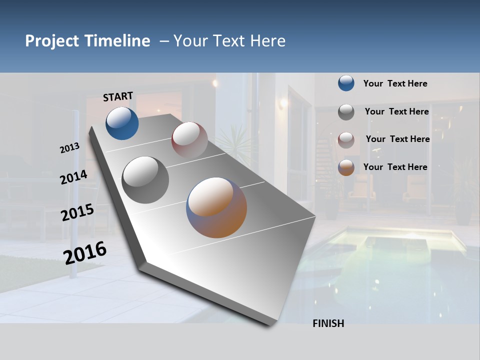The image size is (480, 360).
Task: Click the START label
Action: (118, 96)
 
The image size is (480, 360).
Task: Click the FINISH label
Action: (328, 323)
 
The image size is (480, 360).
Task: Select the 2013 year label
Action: (70, 148)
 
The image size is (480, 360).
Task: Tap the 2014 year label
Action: (73, 177)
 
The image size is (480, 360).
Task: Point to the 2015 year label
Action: (77, 212)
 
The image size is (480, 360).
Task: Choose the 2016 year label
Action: (85, 252)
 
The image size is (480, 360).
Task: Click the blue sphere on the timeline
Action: (122, 123)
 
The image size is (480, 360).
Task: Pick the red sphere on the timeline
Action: (189, 139)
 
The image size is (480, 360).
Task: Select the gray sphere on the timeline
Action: (145, 179)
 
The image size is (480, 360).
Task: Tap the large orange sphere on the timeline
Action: (216, 207)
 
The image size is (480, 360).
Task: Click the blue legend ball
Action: (346, 83)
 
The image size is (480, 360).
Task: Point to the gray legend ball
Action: (346, 112)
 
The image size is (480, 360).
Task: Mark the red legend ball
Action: (346, 139)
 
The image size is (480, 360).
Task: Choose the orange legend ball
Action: (346, 167)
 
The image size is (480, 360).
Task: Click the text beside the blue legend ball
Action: (395, 83)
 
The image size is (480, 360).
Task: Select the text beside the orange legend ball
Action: (395, 167)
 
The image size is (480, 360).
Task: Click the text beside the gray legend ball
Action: (396, 111)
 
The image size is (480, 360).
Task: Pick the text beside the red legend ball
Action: (397, 139)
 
